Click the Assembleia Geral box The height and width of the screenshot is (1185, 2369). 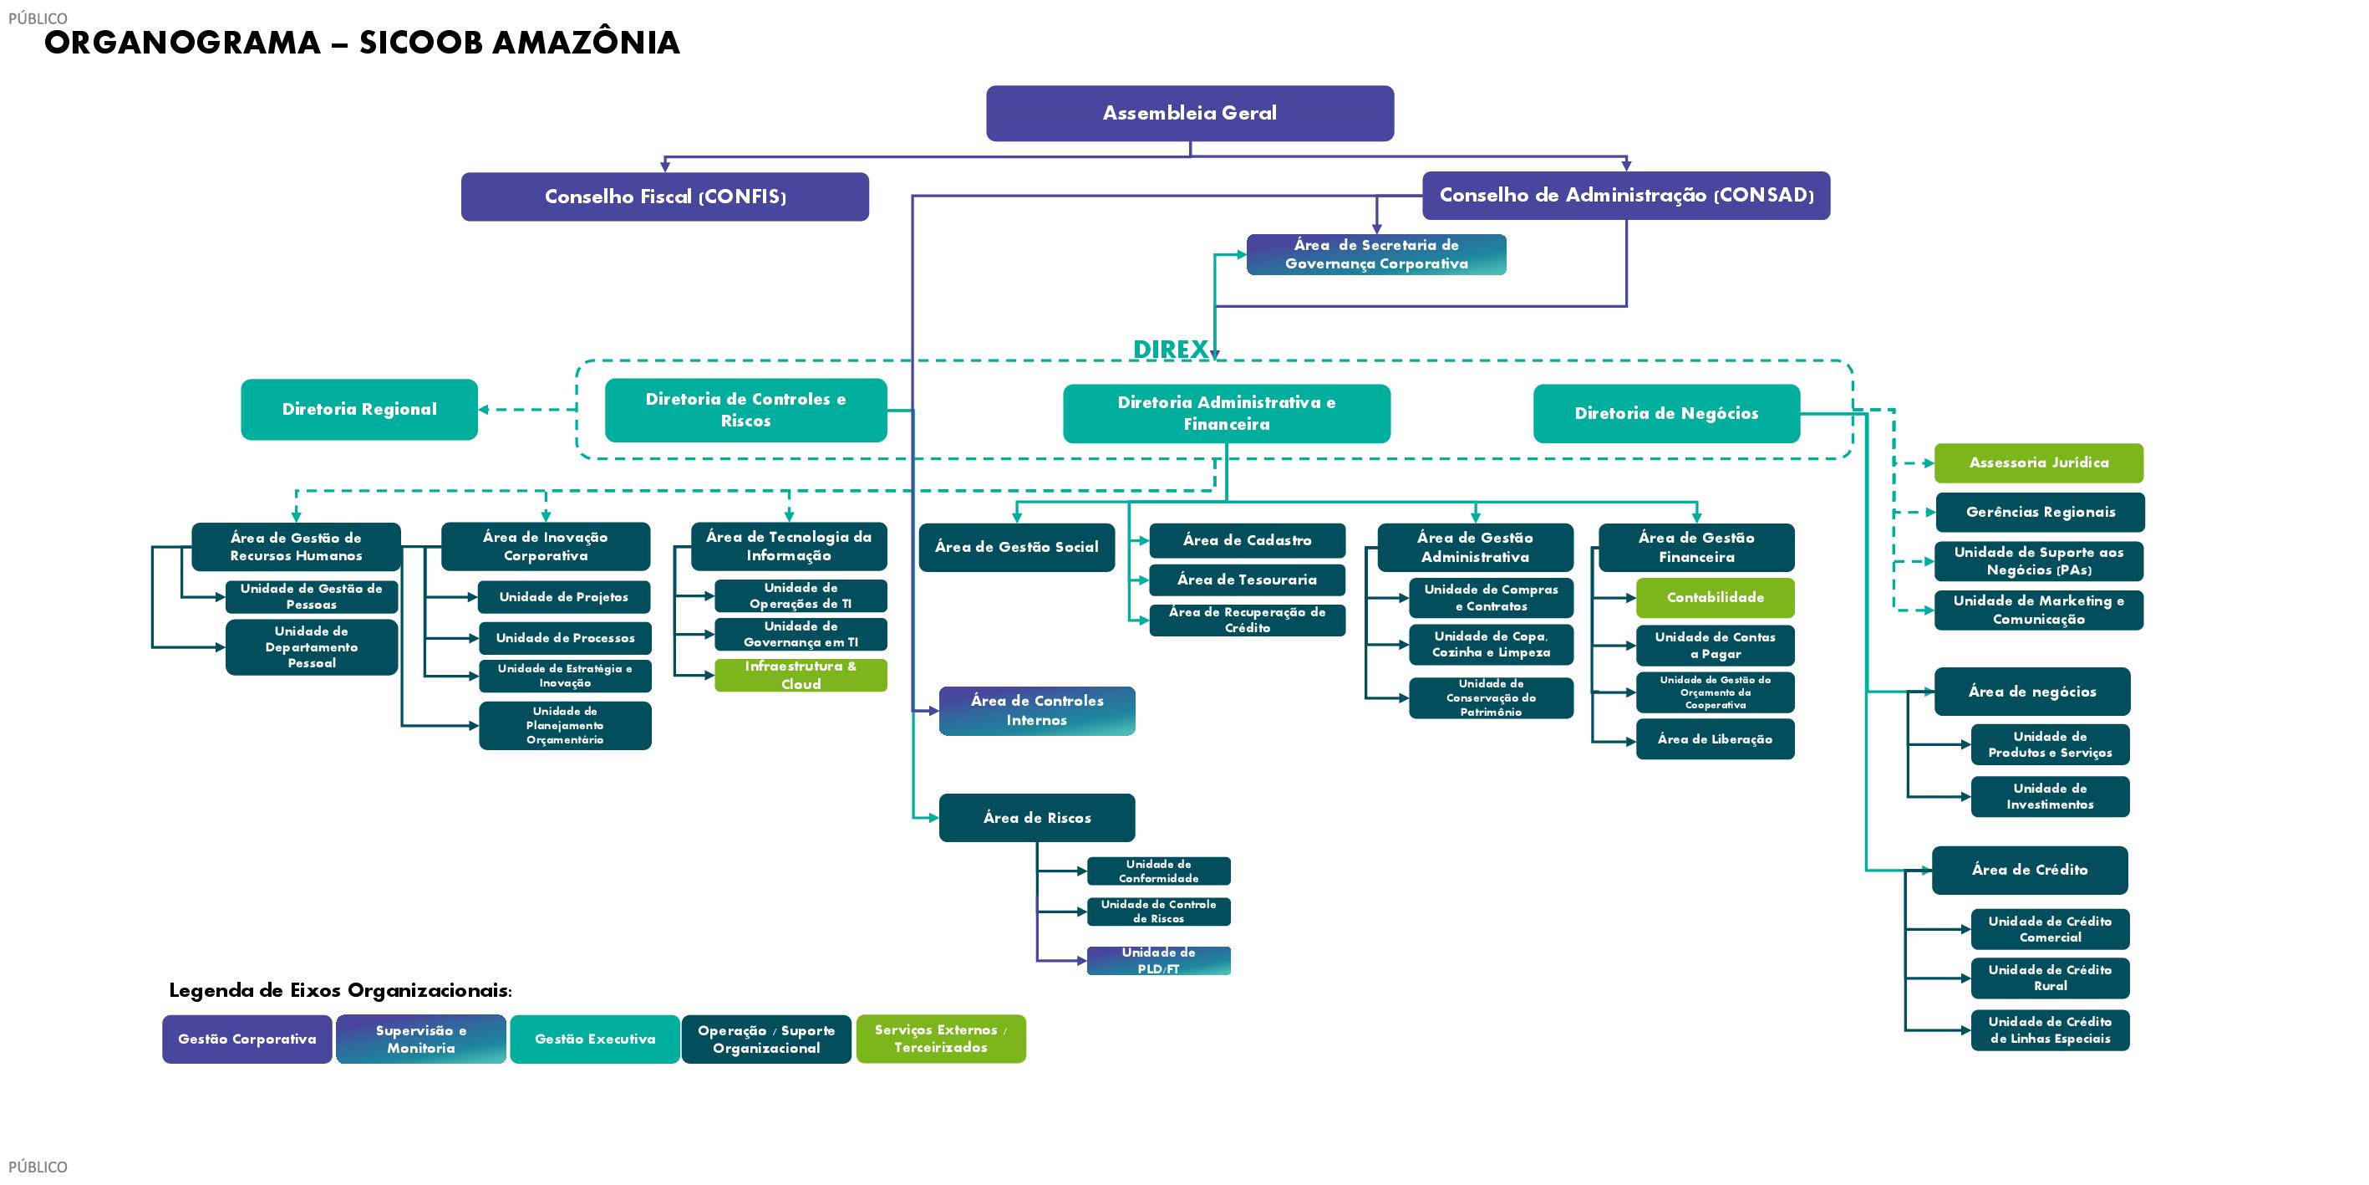click(x=1189, y=113)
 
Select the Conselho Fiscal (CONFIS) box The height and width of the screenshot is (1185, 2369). click(x=665, y=196)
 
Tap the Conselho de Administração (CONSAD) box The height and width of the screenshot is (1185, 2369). click(x=1626, y=195)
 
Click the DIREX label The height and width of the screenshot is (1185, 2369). click(x=1170, y=350)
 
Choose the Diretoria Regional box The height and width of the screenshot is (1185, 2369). click(x=358, y=410)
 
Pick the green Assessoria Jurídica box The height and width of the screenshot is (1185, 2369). click(x=2038, y=462)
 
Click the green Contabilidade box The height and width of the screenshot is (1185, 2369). click(x=1716, y=598)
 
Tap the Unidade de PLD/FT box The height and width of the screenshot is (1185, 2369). click(x=1158, y=961)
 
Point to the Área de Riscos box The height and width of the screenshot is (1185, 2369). click(x=1036, y=818)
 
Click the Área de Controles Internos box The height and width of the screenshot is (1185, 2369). click(x=1036, y=711)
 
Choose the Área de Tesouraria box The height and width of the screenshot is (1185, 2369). click(x=1246, y=580)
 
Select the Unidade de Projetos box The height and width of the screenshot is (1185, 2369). click(x=564, y=597)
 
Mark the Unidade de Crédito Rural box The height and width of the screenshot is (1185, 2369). click(x=2050, y=978)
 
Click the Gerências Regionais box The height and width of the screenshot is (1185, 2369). click(x=2040, y=513)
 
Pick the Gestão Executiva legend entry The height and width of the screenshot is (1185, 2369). click(x=594, y=1039)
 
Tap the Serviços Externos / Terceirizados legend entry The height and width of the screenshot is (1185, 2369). click(x=940, y=1039)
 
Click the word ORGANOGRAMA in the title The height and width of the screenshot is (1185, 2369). click(x=182, y=43)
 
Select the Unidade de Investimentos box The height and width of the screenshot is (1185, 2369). click(x=2050, y=797)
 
